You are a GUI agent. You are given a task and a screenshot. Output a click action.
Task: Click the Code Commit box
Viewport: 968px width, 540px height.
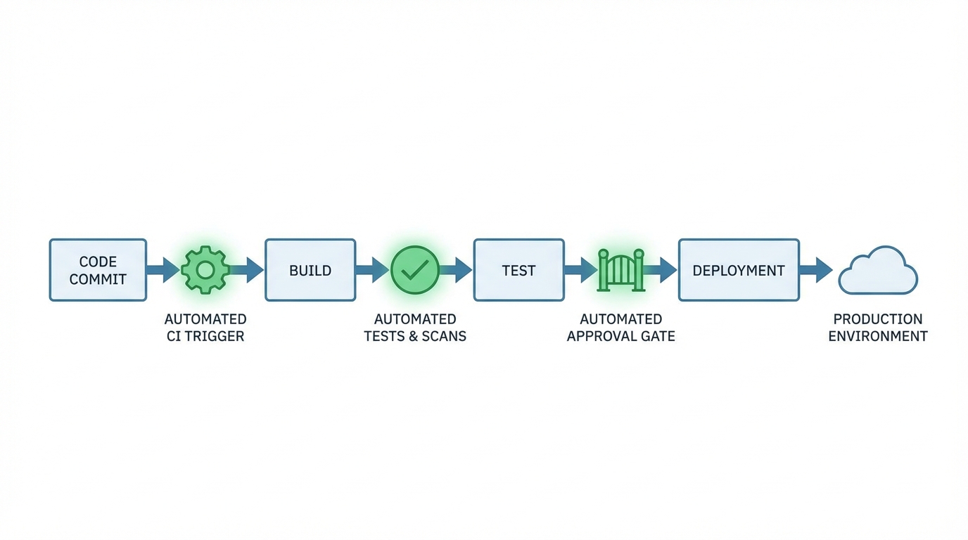click(x=98, y=270)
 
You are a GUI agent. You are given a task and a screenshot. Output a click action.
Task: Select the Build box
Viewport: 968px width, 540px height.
click(x=310, y=270)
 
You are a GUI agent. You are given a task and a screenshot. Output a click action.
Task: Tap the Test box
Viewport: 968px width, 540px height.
click(x=518, y=270)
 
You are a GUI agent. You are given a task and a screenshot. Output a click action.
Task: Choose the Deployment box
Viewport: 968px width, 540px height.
click(x=739, y=270)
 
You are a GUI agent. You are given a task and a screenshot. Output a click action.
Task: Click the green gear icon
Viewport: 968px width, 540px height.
click(x=205, y=270)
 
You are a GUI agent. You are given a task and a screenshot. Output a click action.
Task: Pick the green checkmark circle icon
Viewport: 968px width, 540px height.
click(x=415, y=270)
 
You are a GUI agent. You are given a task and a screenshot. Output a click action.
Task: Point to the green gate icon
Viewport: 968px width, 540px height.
click(x=620, y=270)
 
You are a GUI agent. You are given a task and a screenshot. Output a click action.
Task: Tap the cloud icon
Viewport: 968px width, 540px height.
click(x=878, y=271)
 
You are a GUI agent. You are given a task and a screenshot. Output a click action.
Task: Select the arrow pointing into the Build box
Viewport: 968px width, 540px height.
click(x=248, y=270)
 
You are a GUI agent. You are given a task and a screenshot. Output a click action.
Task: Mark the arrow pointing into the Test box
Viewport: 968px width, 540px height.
click(x=457, y=270)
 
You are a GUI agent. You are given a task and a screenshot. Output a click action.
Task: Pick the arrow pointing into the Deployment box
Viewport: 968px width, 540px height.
click(x=661, y=270)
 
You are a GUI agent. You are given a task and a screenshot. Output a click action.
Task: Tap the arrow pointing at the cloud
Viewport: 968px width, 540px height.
click(x=817, y=270)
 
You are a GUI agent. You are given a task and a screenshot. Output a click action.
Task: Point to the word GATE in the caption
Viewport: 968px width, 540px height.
click(x=657, y=336)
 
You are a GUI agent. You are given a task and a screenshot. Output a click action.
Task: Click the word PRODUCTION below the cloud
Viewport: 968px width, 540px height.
click(x=878, y=319)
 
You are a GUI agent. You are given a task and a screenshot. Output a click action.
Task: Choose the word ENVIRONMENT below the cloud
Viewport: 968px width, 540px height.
click(x=878, y=336)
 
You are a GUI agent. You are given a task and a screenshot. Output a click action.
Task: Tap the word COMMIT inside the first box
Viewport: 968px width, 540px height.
click(x=98, y=279)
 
